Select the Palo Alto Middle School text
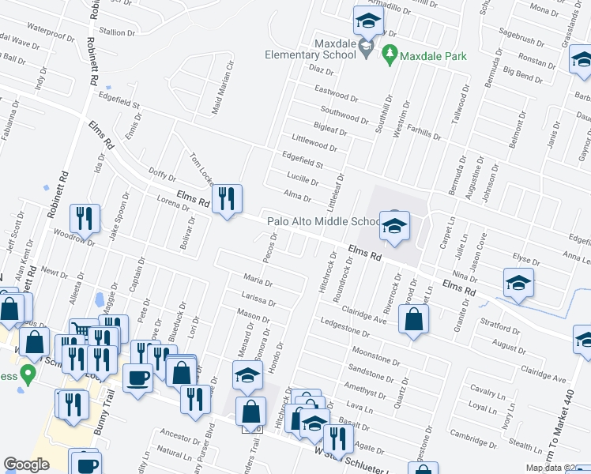324,222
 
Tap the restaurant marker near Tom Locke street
227,201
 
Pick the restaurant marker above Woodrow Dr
85,220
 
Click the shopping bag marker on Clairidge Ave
413,320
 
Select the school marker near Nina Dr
518,284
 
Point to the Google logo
26,464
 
